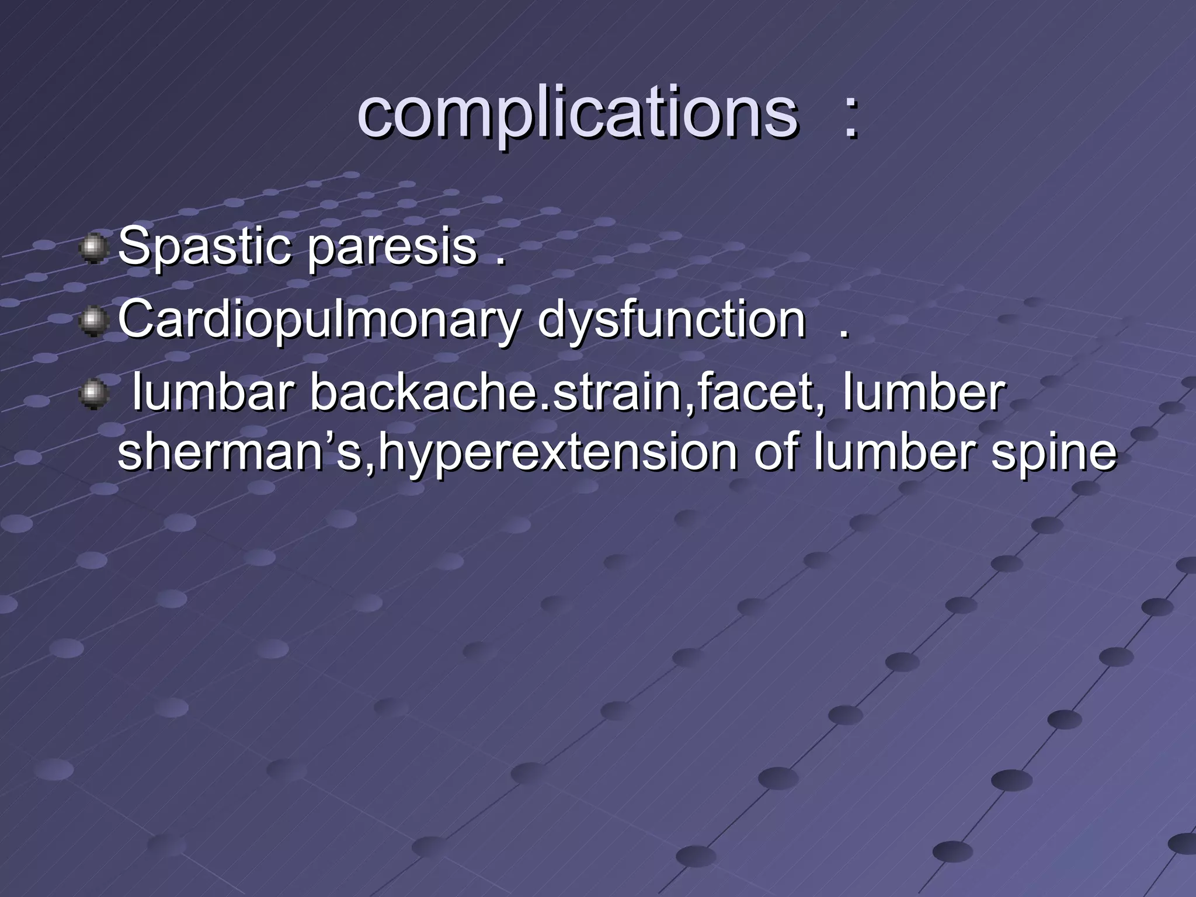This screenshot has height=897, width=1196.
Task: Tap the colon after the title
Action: (x=851, y=117)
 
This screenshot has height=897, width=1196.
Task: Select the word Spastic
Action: (x=204, y=248)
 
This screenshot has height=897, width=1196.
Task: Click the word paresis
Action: (x=392, y=248)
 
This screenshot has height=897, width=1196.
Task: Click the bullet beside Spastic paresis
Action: (x=93, y=249)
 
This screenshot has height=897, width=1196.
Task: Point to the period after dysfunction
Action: (x=842, y=334)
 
